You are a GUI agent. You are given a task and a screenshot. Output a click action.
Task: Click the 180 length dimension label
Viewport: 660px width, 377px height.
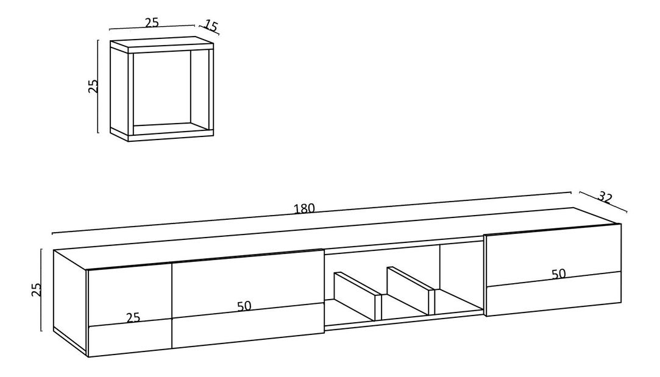pyautogui.click(x=303, y=208)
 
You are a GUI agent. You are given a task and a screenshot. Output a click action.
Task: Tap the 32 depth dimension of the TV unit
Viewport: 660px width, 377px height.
pyautogui.click(x=605, y=197)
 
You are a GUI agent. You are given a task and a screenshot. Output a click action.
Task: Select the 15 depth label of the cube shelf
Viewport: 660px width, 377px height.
pyautogui.click(x=210, y=26)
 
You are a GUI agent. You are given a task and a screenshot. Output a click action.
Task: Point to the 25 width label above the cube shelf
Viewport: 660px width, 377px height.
pyautogui.click(x=152, y=23)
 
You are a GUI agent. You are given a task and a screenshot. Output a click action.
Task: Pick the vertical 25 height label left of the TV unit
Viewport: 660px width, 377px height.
pyautogui.click(x=36, y=289)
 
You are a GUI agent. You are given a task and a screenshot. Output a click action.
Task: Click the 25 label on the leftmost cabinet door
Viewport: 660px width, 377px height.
pyautogui.click(x=133, y=317)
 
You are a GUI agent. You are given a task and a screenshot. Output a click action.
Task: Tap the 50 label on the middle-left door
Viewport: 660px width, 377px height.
pyautogui.click(x=244, y=306)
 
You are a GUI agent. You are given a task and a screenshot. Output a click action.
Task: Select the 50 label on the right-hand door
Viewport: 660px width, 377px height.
pyautogui.click(x=558, y=273)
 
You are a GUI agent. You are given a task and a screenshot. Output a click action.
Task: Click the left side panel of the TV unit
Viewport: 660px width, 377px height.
pyautogui.click(x=70, y=298)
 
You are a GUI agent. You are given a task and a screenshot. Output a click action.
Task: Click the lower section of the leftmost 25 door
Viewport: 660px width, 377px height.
pyautogui.click(x=130, y=339)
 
